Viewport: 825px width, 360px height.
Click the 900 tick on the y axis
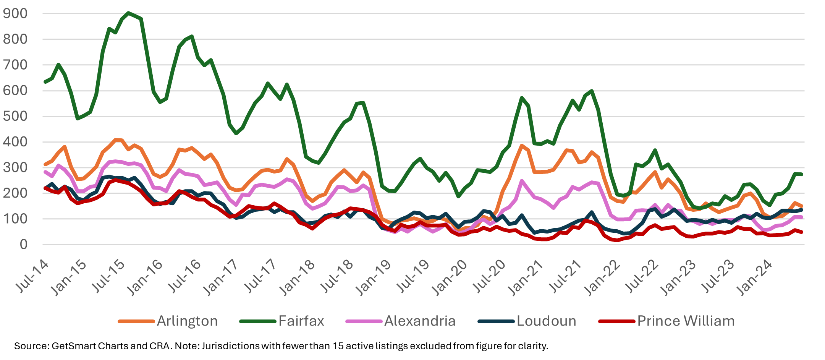(15, 14)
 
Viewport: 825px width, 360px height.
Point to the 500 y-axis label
(15, 116)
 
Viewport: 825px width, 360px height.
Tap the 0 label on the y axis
(23, 245)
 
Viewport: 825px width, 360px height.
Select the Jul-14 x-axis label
(32, 276)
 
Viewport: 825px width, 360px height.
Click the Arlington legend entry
(187, 321)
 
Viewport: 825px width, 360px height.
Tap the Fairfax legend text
(301, 321)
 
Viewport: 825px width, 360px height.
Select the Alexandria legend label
(420, 321)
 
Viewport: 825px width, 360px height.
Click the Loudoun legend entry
(546, 321)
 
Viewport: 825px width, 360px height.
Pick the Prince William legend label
(686, 321)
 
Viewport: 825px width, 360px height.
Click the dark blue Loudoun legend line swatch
(496, 321)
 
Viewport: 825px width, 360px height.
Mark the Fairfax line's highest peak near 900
(128, 13)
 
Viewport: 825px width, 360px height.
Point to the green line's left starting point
(45, 82)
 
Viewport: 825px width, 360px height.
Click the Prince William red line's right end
(801, 232)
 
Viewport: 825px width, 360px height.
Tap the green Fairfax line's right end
(801, 174)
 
